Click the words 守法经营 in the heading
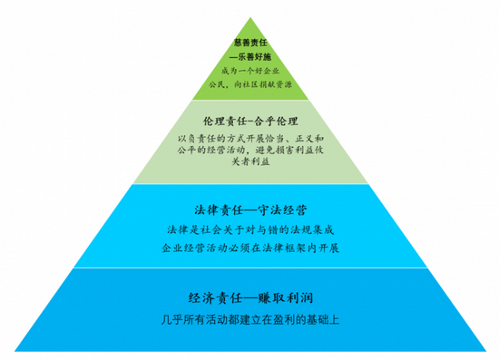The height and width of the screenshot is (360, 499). (x=283, y=209)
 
